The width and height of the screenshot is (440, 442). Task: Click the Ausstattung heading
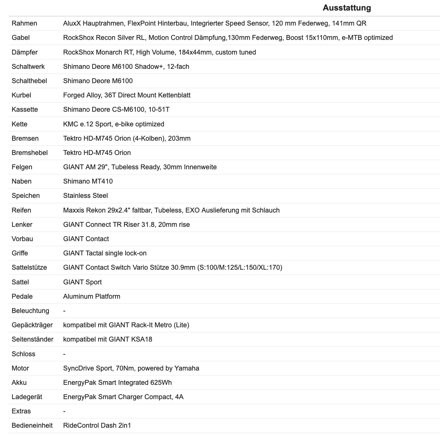(347, 8)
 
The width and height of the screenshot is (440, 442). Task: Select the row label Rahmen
(24, 23)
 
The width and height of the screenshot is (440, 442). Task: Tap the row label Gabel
(21, 38)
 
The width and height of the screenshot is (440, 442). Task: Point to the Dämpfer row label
(25, 52)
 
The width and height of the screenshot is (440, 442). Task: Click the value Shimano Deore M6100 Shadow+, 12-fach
(126, 67)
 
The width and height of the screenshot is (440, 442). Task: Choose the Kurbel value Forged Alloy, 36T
(127, 95)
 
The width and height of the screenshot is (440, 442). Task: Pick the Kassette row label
(25, 109)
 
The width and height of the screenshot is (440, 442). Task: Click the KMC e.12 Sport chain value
(114, 124)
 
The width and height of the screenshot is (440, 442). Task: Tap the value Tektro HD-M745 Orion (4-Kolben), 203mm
(127, 138)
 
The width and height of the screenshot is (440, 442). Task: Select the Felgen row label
(22, 167)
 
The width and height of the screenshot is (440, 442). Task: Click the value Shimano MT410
(88, 181)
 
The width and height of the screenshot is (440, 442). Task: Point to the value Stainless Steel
(85, 196)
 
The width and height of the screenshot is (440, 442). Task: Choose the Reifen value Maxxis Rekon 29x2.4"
(171, 210)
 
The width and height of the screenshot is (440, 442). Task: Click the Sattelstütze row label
(29, 267)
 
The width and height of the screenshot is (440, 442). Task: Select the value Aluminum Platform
(92, 296)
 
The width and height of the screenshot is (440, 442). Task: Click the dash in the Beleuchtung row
(64, 311)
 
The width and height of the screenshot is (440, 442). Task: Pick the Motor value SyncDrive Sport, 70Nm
(131, 368)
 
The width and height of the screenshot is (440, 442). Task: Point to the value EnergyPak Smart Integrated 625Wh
(117, 383)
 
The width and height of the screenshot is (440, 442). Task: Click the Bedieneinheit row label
(32, 425)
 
